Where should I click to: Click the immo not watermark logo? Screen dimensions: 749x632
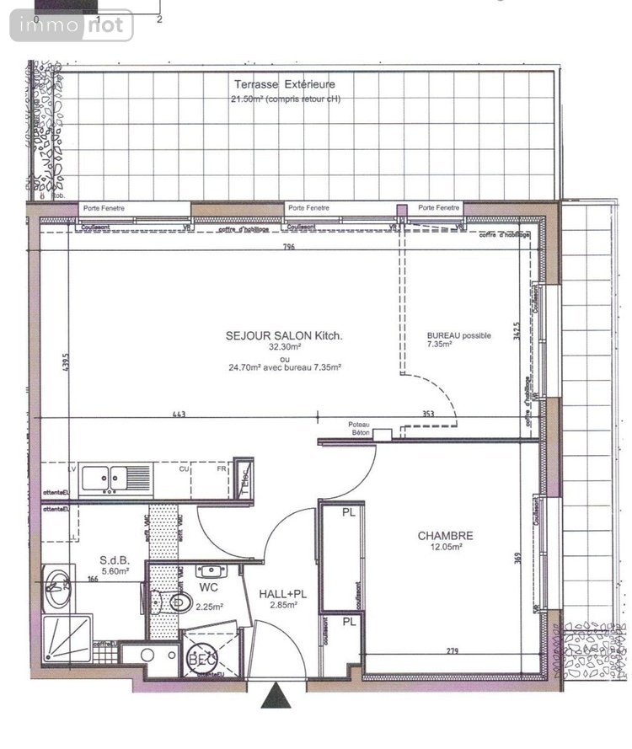pyautogui.click(x=72, y=25)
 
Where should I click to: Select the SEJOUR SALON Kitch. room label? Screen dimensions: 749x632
pyautogui.click(x=285, y=335)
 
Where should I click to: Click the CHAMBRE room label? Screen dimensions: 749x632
pyautogui.click(x=445, y=536)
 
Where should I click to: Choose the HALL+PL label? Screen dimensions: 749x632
pyautogui.click(x=283, y=594)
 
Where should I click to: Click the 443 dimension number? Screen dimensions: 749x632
pyautogui.click(x=178, y=414)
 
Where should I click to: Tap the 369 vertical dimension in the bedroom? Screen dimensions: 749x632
pyautogui.click(x=520, y=558)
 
